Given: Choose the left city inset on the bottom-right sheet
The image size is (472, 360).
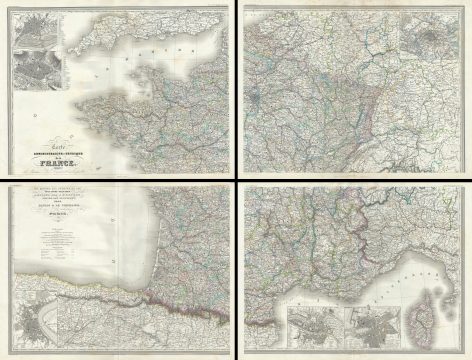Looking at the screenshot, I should pos(313,327).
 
